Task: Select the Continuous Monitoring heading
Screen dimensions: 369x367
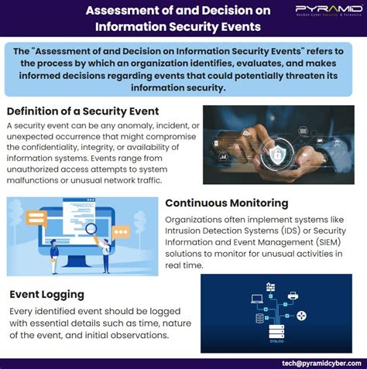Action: click(x=227, y=203)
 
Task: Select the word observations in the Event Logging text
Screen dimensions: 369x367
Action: click(x=144, y=336)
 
